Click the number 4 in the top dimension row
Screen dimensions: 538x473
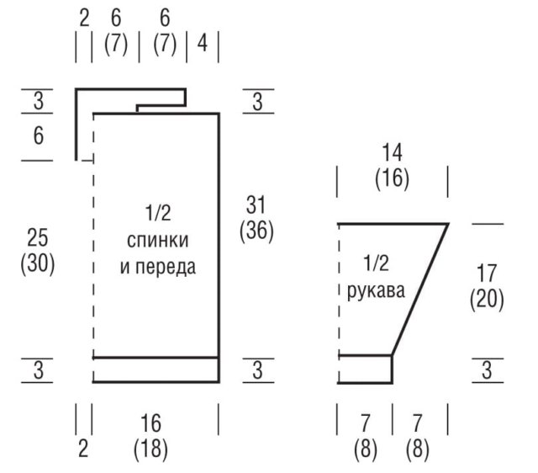(x=203, y=44)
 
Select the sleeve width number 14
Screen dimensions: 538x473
(x=392, y=153)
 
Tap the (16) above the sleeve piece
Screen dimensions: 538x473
(x=392, y=178)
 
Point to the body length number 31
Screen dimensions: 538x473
(x=256, y=205)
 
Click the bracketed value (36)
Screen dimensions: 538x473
(x=256, y=231)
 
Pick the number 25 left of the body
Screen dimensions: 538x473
(x=37, y=237)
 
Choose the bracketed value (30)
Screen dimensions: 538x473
(x=38, y=263)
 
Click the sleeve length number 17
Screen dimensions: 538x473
(x=487, y=274)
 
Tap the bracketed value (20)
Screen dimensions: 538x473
(x=487, y=299)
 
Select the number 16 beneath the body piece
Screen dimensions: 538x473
(x=150, y=423)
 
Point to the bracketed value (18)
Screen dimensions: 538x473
(x=150, y=449)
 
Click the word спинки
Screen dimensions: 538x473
(x=158, y=241)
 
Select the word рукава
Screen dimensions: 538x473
(x=376, y=291)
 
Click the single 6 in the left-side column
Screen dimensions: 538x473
(x=39, y=136)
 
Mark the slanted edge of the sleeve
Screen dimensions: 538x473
(x=420, y=290)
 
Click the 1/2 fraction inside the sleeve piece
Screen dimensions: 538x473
(x=376, y=263)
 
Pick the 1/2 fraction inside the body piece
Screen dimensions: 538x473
(x=158, y=213)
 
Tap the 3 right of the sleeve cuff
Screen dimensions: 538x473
(x=488, y=370)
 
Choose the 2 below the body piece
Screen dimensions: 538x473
(x=83, y=449)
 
